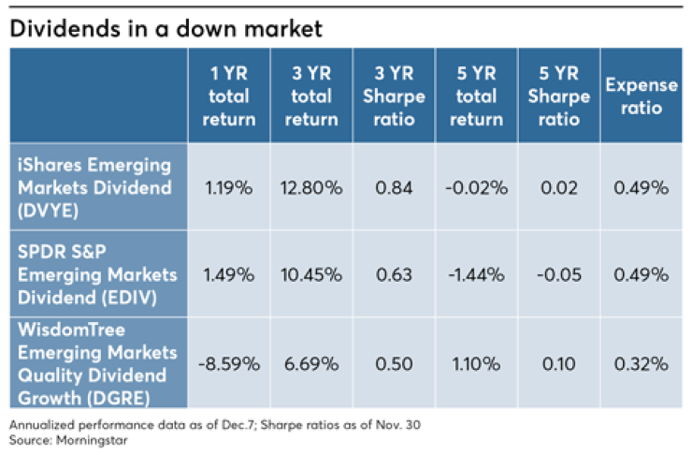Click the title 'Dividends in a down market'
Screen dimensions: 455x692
pyautogui.click(x=166, y=28)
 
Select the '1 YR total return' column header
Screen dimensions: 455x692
pyautogui.click(x=228, y=96)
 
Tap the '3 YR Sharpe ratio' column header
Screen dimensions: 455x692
pyautogui.click(x=392, y=96)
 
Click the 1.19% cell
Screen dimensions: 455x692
pyautogui.click(x=228, y=188)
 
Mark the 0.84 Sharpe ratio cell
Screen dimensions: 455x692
pyautogui.click(x=392, y=188)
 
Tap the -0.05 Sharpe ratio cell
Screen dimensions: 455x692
pyautogui.click(x=559, y=274)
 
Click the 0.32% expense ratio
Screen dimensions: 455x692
pyautogui.click(x=641, y=361)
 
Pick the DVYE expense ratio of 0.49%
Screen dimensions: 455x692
pyautogui.click(x=641, y=188)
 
